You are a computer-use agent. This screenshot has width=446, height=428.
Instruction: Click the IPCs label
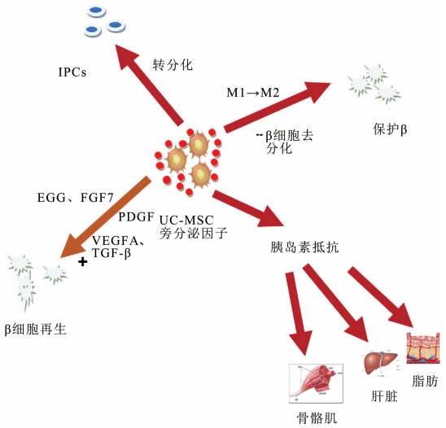point(72,71)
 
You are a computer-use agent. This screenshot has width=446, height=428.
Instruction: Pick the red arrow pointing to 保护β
point(277,103)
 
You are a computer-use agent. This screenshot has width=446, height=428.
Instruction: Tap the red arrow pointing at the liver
point(347,309)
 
